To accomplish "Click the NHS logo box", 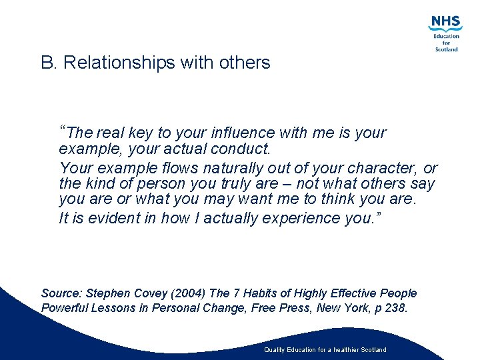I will click(x=444, y=22).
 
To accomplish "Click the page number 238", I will click(x=395, y=308).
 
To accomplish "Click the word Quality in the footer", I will click(x=274, y=350).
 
